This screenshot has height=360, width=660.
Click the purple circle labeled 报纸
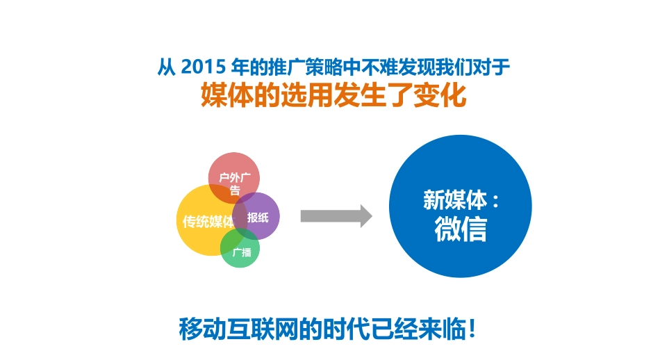point(258,217)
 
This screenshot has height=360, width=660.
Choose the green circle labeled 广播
point(241,252)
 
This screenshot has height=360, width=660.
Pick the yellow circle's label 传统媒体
point(207,222)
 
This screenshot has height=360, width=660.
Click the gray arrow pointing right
point(336,216)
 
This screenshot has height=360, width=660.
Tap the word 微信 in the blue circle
point(461,229)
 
